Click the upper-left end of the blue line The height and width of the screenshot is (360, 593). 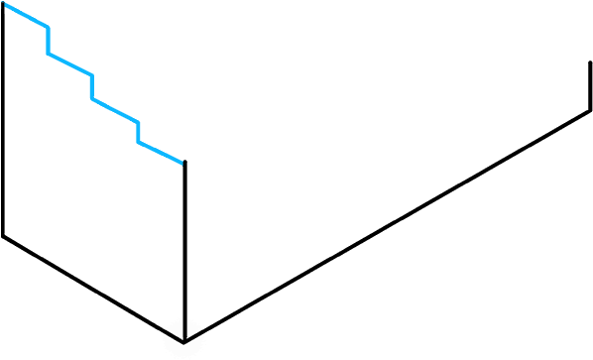pyautogui.click(x=5, y=5)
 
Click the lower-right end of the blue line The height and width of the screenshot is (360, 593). pyautogui.click(x=181, y=163)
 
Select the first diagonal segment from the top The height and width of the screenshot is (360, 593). pyautogui.click(x=27, y=16)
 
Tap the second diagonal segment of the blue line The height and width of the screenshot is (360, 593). pyautogui.click(x=70, y=64)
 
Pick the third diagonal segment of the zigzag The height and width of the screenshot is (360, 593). pyautogui.click(x=116, y=111)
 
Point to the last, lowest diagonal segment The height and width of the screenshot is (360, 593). pyautogui.click(x=161, y=153)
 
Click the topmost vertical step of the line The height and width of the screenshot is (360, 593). pyautogui.click(x=48, y=41)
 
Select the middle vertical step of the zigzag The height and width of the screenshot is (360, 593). pyautogui.click(x=92, y=87)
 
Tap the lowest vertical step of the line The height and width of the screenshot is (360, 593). pyautogui.click(x=139, y=132)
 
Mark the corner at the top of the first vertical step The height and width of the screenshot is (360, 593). pyautogui.click(x=48, y=27)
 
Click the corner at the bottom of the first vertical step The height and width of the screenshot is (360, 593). pyautogui.click(x=48, y=54)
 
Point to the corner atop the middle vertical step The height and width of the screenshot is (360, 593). pyautogui.click(x=92, y=75)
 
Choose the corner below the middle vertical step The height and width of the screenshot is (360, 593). pyautogui.click(x=92, y=99)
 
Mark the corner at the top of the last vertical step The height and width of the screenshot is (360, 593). pyautogui.click(x=139, y=122)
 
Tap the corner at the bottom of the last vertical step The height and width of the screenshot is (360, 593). pyautogui.click(x=139, y=143)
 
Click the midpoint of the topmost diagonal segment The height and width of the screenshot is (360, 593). pyautogui.click(x=27, y=16)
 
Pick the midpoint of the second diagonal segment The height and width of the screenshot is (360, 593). pyautogui.click(x=70, y=64)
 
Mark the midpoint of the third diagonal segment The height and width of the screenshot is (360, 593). pyautogui.click(x=116, y=111)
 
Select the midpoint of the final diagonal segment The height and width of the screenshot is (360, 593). pyautogui.click(x=161, y=153)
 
